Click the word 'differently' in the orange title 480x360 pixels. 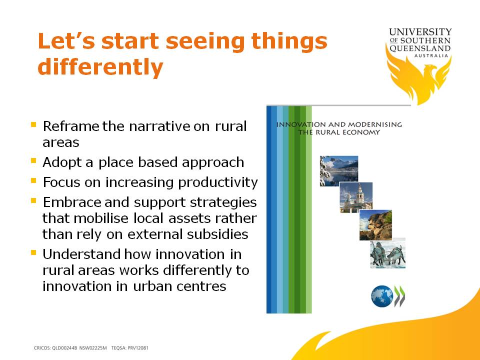(x=100, y=67)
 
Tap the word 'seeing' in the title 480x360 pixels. (x=205, y=42)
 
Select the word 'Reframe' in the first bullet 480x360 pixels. (x=71, y=126)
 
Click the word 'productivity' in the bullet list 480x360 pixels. (x=218, y=183)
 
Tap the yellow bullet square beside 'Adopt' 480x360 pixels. (x=33, y=160)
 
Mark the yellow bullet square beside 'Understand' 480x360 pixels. (x=33, y=253)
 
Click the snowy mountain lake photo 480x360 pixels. (x=339, y=171)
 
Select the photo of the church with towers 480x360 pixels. (x=356, y=197)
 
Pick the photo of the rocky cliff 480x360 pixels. (x=375, y=225)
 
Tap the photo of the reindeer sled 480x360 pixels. (x=388, y=253)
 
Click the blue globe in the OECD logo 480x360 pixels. (x=382, y=296)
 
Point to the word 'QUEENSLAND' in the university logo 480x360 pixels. (x=420, y=48)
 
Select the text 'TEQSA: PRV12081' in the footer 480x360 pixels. (x=130, y=348)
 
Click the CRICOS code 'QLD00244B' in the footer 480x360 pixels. (x=64, y=348)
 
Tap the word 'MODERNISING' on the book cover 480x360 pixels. (x=375, y=124)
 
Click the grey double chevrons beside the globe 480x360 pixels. (x=399, y=296)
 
